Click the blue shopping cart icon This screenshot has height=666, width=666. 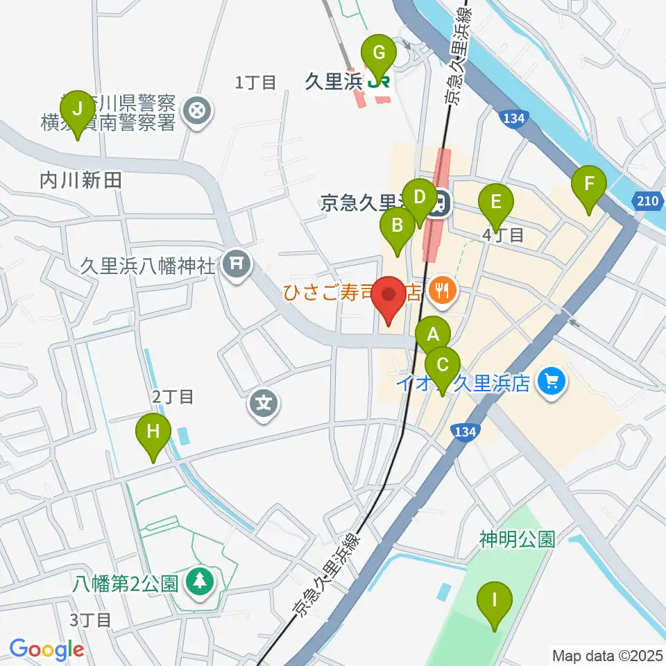click(x=552, y=381)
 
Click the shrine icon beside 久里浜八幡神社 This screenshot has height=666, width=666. click(x=237, y=264)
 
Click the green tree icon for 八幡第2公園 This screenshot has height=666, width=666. click(x=200, y=581)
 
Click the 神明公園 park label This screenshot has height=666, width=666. click(x=517, y=539)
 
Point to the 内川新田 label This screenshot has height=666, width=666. click(x=80, y=181)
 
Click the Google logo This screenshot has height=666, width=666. click(x=46, y=649)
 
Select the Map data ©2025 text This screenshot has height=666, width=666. click(x=606, y=655)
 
